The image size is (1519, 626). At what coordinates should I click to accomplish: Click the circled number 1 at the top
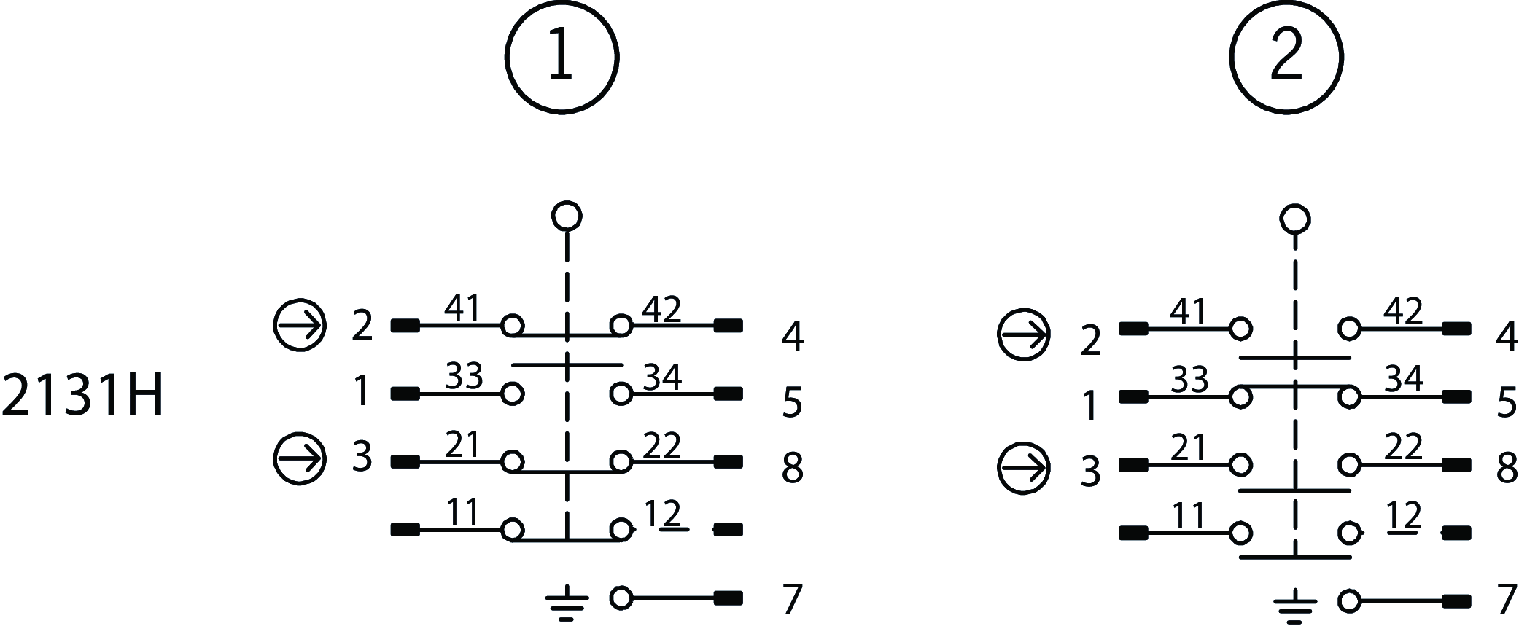pyautogui.click(x=562, y=57)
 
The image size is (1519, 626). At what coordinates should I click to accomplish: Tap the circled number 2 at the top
pyautogui.click(x=1286, y=57)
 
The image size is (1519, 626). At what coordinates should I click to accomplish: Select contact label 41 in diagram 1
pyautogui.click(x=462, y=309)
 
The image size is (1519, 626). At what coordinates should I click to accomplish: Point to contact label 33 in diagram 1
pyautogui.click(x=464, y=377)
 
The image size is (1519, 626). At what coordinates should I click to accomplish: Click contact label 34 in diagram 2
pyautogui.click(x=1404, y=380)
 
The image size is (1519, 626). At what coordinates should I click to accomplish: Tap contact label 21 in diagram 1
pyautogui.click(x=462, y=445)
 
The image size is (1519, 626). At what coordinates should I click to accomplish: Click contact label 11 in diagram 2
pyautogui.click(x=1189, y=516)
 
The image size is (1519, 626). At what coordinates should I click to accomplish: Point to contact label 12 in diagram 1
pyautogui.click(x=662, y=514)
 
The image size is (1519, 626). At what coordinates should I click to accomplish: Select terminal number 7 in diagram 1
pyautogui.click(x=792, y=600)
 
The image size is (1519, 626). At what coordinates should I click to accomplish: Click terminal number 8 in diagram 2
pyautogui.click(x=1507, y=469)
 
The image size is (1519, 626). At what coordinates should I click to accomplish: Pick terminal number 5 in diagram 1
pyautogui.click(x=792, y=403)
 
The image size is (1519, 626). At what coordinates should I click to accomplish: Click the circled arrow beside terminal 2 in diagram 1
pyautogui.click(x=300, y=325)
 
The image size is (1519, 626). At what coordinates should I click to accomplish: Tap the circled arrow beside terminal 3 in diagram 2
pyautogui.click(x=1024, y=466)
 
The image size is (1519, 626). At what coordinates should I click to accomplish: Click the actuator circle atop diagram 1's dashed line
pyautogui.click(x=567, y=216)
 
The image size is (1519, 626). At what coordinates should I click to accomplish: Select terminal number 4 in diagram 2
pyautogui.click(x=1507, y=338)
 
